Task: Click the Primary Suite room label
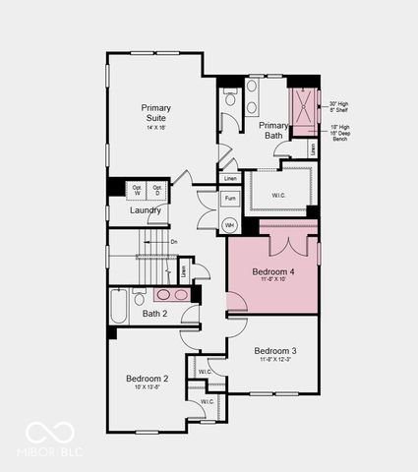point(155,113)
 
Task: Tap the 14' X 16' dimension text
point(155,128)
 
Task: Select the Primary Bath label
point(273,131)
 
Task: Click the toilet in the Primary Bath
point(229,96)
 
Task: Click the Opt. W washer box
point(137,189)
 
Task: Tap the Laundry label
point(145,209)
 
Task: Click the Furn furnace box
point(229,199)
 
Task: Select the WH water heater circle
point(229,225)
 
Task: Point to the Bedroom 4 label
point(272,270)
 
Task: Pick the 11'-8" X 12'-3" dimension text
point(274,361)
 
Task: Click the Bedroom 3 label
point(274,350)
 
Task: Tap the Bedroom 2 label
point(147,379)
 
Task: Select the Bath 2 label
point(155,314)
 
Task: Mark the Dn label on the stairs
point(174,241)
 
